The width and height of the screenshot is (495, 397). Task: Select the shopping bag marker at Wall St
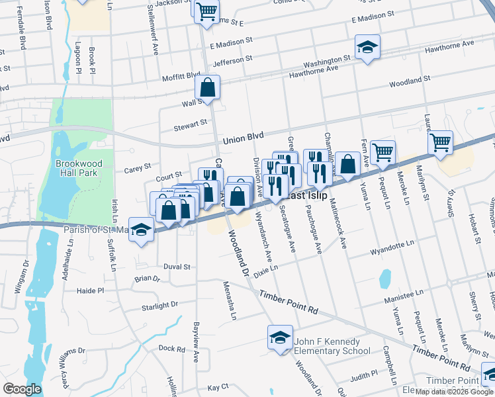coord(208,87)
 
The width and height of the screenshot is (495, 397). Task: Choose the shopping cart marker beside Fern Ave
coord(382,153)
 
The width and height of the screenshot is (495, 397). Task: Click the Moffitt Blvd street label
coord(183,75)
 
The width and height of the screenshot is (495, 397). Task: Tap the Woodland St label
coord(410,81)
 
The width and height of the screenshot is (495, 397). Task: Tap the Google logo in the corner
coord(22,389)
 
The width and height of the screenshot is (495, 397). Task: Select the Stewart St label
coord(191,125)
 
